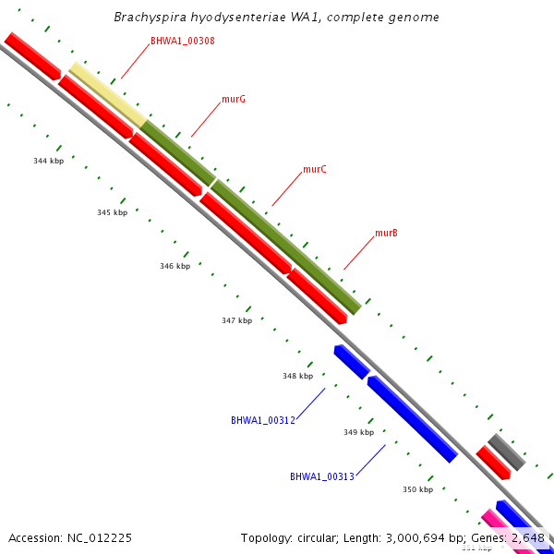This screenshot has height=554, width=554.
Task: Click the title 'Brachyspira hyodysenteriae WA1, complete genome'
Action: (x=277, y=18)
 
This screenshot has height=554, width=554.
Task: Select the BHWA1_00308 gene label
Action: (x=183, y=42)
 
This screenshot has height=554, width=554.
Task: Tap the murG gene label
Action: (x=234, y=99)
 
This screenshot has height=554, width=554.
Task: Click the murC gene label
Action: (x=315, y=170)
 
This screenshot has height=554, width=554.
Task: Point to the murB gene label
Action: (x=386, y=234)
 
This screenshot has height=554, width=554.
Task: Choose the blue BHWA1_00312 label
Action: (x=263, y=420)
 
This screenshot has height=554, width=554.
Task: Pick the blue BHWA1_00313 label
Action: (x=322, y=476)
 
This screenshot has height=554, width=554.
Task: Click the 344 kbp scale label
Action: (x=49, y=161)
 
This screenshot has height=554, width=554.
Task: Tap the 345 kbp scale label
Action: (x=112, y=213)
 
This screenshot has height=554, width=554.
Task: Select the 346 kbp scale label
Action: (x=175, y=266)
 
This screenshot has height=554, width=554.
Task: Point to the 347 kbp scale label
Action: (x=236, y=321)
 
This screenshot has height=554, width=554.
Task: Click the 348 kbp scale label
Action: (x=297, y=376)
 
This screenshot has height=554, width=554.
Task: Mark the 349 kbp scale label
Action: (x=358, y=432)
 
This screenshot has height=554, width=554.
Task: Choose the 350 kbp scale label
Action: (x=417, y=489)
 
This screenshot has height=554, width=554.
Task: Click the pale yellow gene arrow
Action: (x=106, y=93)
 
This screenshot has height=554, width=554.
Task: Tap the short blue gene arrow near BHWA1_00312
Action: (x=352, y=362)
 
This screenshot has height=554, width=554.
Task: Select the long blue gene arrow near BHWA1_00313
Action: (x=412, y=418)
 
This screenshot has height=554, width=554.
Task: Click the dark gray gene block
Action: (x=506, y=452)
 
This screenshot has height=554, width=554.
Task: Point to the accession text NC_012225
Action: (x=70, y=537)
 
